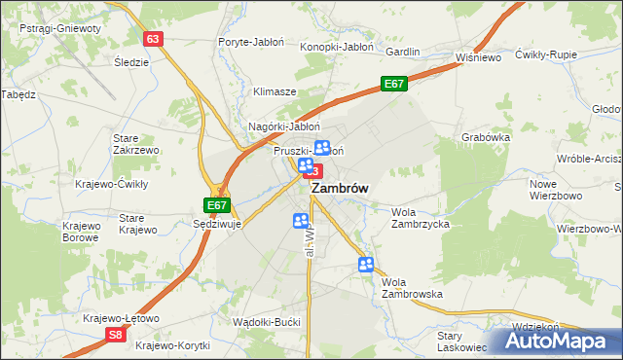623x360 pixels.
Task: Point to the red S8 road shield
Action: [116, 335]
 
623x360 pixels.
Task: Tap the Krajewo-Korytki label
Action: [173, 344]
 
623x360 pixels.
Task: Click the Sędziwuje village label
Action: [216, 223]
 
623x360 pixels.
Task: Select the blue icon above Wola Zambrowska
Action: [366, 264]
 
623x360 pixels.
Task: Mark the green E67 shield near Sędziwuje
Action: [217, 205]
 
